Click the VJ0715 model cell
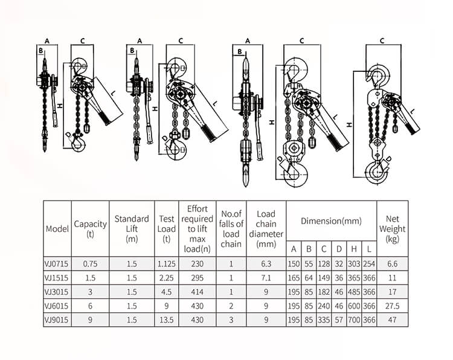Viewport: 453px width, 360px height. click(x=57, y=264)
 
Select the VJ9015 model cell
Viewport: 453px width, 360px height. click(x=57, y=320)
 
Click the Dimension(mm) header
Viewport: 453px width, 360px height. click(x=331, y=221)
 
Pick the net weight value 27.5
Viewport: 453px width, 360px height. click(x=392, y=306)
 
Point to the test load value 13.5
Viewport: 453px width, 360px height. click(x=166, y=320)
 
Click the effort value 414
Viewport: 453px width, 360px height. click(x=197, y=292)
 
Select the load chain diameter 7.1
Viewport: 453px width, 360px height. click(x=266, y=278)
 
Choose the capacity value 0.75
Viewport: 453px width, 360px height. click(x=90, y=264)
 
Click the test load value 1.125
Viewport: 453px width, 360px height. click(x=166, y=264)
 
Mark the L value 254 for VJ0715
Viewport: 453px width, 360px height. click(x=368, y=264)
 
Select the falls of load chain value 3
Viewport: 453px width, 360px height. click(x=231, y=320)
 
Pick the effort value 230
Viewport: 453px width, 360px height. click(x=197, y=264)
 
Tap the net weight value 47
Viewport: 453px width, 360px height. click(x=392, y=320)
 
